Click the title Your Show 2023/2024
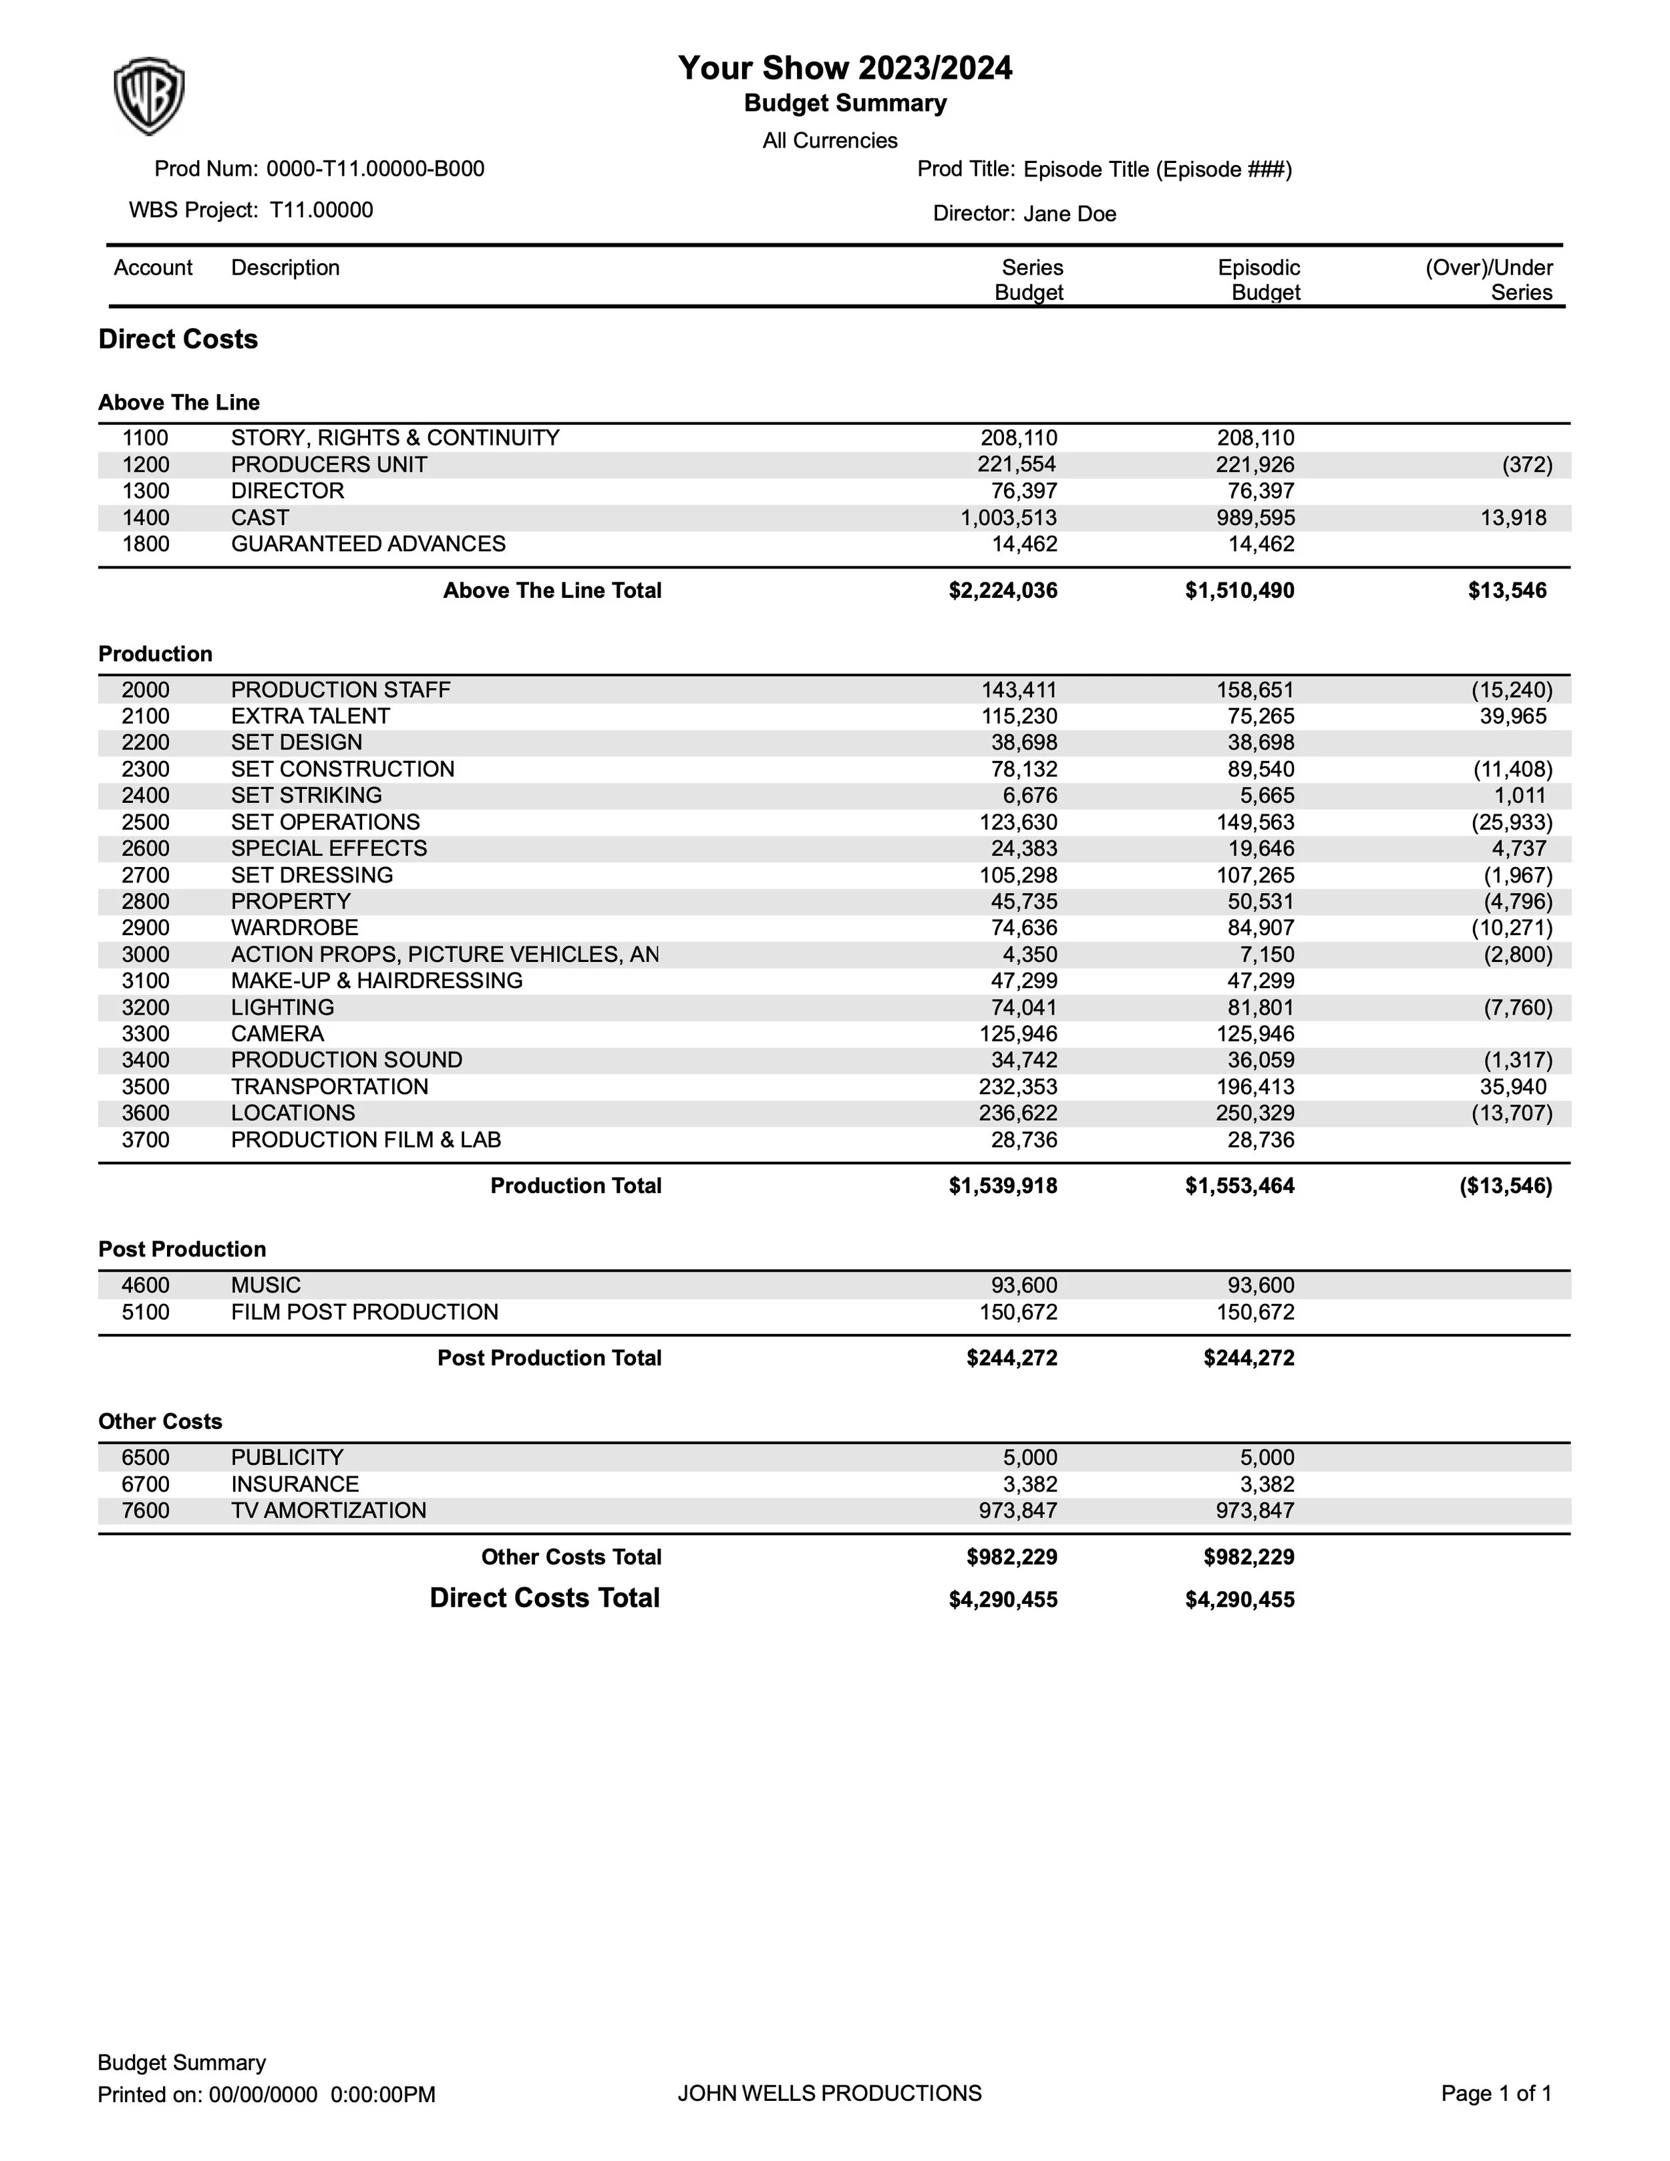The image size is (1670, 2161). click(845, 68)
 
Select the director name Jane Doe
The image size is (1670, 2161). click(1069, 214)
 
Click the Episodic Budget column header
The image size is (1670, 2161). click(1259, 280)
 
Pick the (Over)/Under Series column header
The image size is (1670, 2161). click(1489, 280)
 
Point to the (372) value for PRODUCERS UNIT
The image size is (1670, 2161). click(1526, 465)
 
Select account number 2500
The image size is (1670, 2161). click(146, 822)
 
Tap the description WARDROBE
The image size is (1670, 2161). click(295, 928)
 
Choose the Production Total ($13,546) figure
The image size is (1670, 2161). click(1506, 1186)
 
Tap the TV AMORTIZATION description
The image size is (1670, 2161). click(329, 1511)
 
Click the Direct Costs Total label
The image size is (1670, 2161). click(544, 1598)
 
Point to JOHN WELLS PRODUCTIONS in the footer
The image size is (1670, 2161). click(829, 2093)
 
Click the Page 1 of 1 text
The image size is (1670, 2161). click(1496, 2093)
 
